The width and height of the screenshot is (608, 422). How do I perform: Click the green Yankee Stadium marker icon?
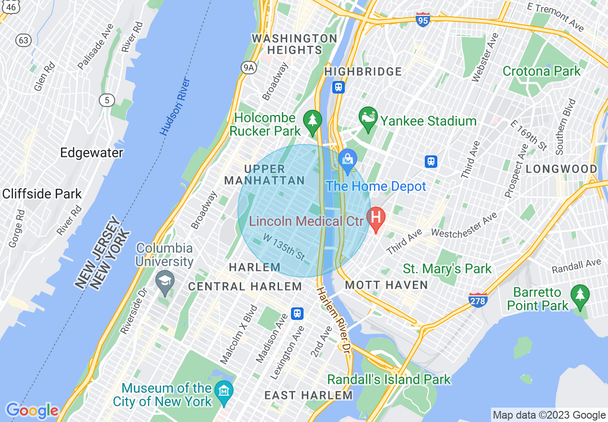(x=368, y=119)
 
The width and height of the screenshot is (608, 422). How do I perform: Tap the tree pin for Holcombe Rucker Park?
(x=313, y=122)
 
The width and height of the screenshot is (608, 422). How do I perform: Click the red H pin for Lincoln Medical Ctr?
(x=376, y=219)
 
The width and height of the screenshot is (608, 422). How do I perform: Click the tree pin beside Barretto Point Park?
(x=580, y=296)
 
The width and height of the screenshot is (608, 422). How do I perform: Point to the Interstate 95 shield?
(x=422, y=20)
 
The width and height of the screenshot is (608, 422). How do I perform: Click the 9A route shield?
(x=248, y=68)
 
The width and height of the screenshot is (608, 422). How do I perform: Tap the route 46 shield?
(x=13, y=7)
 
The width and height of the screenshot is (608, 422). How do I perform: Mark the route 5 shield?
(x=106, y=100)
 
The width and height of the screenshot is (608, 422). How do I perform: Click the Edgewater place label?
(x=92, y=153)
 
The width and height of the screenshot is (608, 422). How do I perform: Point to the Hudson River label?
(x=175, y=106)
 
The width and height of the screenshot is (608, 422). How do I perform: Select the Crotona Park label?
(x=541, y=71)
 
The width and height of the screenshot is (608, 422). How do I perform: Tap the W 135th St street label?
(x=284, y=246)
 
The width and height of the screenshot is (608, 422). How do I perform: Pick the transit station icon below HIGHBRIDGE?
(x=339, y=87)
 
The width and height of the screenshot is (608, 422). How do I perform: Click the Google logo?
(x=32, y=410)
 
